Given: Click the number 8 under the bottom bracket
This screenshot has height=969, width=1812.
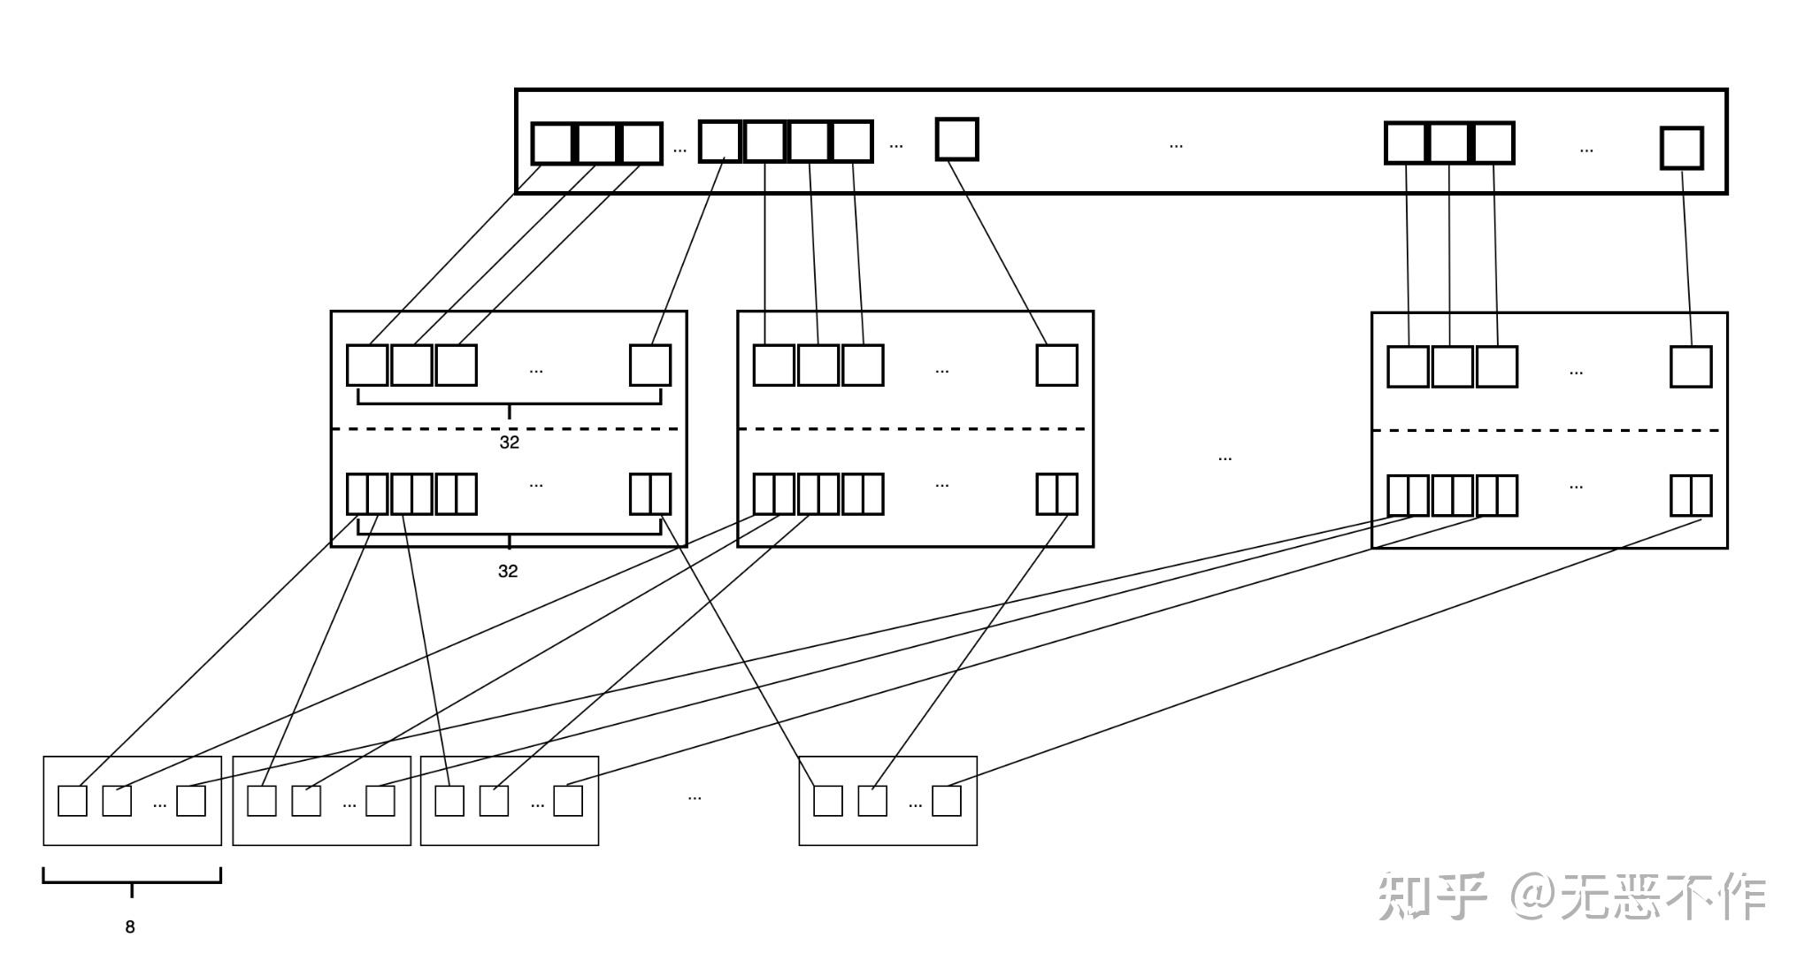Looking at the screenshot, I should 130,927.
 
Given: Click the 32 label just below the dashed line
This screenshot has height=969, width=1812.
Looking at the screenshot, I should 510,442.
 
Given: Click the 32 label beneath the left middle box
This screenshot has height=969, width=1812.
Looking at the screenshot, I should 508,572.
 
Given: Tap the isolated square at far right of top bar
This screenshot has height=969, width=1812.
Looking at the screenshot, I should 1681,148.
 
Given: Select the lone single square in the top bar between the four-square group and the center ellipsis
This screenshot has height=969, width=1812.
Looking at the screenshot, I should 956,140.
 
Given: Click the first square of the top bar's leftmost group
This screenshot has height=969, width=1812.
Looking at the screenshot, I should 552,144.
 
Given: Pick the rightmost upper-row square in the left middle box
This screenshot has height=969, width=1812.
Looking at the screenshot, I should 650,365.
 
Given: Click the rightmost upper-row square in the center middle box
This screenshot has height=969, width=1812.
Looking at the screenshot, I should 1056,365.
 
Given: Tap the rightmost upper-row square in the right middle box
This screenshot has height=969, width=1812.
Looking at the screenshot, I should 1691,366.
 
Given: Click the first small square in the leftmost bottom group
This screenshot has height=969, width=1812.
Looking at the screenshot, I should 73,801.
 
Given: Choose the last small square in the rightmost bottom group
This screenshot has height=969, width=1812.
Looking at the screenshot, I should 946,801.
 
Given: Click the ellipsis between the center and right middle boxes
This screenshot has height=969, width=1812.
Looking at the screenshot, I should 1225,458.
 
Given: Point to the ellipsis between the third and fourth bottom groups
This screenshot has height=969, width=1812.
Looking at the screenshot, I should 695,797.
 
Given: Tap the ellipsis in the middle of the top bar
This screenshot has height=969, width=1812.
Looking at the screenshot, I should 1176,145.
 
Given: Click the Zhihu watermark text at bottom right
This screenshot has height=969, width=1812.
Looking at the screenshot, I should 1571,896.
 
